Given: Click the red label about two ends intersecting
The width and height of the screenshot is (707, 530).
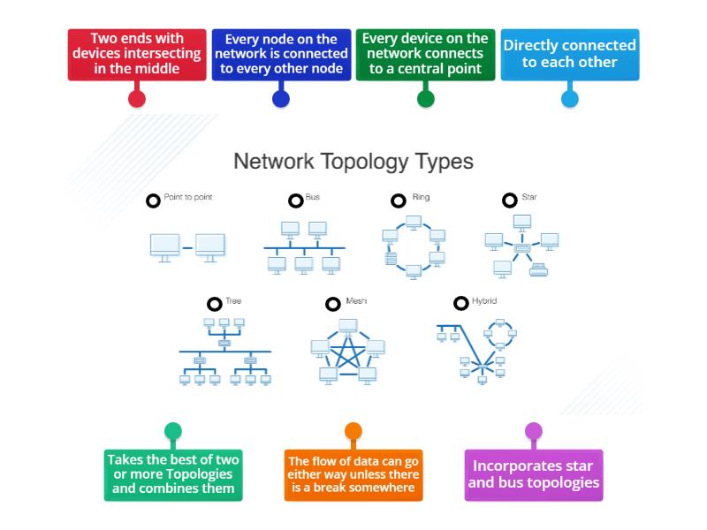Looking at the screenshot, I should tap(136, 54).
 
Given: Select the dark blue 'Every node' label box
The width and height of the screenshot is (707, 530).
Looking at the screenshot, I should tap(280, 54).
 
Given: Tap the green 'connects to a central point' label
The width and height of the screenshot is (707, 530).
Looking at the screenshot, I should tap(425, 54).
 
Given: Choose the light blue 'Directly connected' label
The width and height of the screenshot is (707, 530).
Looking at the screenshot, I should tap(569, 54).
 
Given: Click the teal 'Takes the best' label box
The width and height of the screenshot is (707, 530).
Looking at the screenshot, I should tap(172, 474).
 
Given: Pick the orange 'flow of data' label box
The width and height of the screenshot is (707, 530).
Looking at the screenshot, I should tap(353, 474).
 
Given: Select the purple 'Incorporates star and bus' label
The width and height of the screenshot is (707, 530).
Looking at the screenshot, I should tap(533, 474).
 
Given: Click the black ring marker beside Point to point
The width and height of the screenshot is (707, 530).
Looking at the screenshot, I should tap(153, 201).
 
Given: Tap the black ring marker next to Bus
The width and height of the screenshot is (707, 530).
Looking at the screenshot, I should tap(295, 201).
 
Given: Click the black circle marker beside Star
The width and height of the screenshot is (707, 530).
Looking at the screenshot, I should tap(509, 201).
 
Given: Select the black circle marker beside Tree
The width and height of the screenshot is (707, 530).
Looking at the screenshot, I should tap(214, 304).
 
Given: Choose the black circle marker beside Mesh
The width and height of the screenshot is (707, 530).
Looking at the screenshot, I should tap(332, 304).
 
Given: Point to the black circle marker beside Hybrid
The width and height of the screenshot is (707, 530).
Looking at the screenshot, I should tap(460, 304).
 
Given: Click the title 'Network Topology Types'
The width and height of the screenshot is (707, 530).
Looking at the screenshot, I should tap(353, 162).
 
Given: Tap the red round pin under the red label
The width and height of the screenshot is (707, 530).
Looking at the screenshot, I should tap(136, 98).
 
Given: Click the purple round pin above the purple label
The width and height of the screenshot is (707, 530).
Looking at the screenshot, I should tap(533, 431).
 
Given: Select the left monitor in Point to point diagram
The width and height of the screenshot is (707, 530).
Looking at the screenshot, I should tap(164, 246).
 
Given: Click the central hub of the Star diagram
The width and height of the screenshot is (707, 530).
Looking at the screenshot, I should tap(522, 248).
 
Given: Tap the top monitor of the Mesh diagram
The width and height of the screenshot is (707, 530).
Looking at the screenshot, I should tap(347, 327).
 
